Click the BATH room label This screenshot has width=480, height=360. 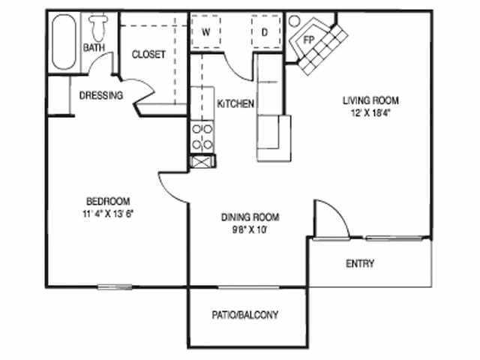point(93,48)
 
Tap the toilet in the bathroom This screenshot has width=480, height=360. point(97,28)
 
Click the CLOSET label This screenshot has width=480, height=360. point(148,55)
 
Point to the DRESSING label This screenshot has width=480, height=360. point(101,95)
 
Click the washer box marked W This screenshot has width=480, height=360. point(205,32)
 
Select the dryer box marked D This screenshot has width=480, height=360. point(265,32)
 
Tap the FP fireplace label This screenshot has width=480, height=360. point(309,37)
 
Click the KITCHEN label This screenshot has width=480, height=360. point(235,103)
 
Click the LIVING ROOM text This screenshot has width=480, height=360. point(370,100)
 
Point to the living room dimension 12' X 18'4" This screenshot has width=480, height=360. point(370,113)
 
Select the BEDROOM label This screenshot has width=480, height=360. point(108,201)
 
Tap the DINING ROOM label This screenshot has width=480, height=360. point(250,217)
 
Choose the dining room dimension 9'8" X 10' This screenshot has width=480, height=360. point(250,230)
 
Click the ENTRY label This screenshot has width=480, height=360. point(360,264)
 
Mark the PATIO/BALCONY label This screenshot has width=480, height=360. point(244,315)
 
